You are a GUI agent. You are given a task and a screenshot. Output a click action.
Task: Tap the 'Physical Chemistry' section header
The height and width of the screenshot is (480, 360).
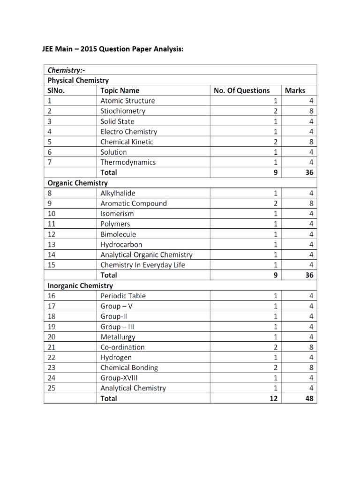[x=78, y=80]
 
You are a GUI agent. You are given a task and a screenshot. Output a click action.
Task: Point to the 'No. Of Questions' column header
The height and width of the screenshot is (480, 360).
[x=241, y=90]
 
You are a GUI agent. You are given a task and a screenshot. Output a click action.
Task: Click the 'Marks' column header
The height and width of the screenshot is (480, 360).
[x=295, y=90]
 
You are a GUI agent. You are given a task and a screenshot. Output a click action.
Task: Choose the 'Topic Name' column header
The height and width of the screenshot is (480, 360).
[x=120, y=90]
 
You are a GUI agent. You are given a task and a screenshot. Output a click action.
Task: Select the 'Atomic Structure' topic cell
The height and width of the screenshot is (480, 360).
[x=127, y=101]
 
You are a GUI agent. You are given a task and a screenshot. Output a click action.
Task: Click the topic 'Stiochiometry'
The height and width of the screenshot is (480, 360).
[x=123, y=111]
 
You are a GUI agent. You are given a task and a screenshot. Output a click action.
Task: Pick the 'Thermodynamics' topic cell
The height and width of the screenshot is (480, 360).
[x=128, y=162]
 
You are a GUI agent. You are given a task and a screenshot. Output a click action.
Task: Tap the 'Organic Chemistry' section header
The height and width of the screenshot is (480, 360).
[x=77, y=183]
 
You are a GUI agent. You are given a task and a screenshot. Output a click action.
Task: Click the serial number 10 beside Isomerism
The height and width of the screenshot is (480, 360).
[x=52, y=214]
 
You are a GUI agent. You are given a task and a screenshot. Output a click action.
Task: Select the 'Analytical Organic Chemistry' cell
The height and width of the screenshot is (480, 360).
[x=146, y=255]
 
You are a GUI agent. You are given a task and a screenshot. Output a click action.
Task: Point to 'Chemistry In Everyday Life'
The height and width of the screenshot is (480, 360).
[x=142, y=265]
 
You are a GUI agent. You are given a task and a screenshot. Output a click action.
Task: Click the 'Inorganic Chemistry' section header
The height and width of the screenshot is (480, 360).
[x=80, y=285]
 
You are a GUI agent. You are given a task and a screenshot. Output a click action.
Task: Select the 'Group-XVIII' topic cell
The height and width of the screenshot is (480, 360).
[x=119, y=378]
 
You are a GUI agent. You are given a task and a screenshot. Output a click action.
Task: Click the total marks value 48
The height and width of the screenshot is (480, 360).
[x=309, y=398]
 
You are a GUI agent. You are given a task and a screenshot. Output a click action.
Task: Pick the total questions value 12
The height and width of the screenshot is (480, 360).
[x=273, y=398]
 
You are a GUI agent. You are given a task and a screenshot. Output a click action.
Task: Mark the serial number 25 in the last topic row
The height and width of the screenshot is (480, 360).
[x=52, y=388]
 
